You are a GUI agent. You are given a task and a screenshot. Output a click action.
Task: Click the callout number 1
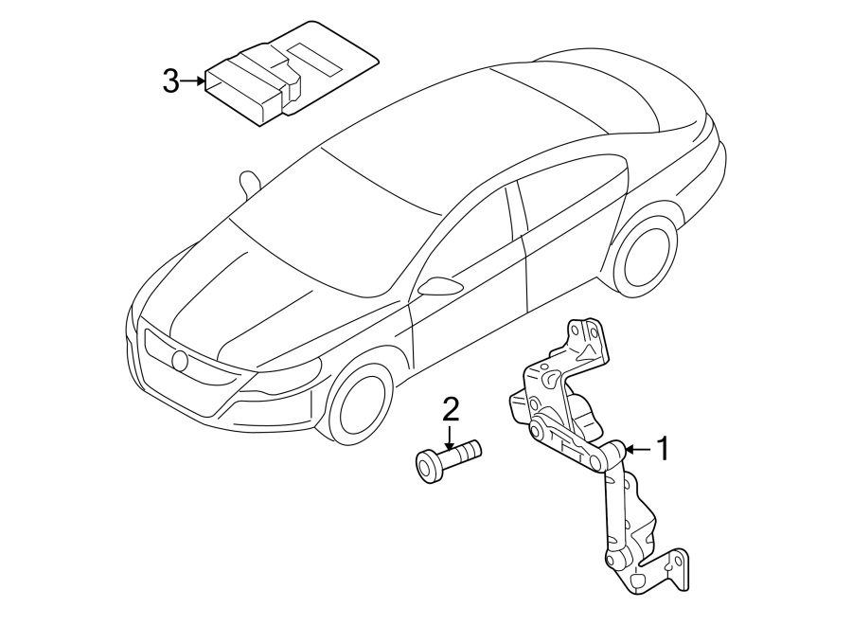point(663,448)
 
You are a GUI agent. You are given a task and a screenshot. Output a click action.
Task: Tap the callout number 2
point(451,409)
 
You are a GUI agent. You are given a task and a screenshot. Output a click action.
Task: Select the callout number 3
point(170,81)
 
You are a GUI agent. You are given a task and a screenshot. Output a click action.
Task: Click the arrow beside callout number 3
point(192,81)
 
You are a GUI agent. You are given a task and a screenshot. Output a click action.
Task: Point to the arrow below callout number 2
point(452,437)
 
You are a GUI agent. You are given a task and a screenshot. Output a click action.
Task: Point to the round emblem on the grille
point(180,360)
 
